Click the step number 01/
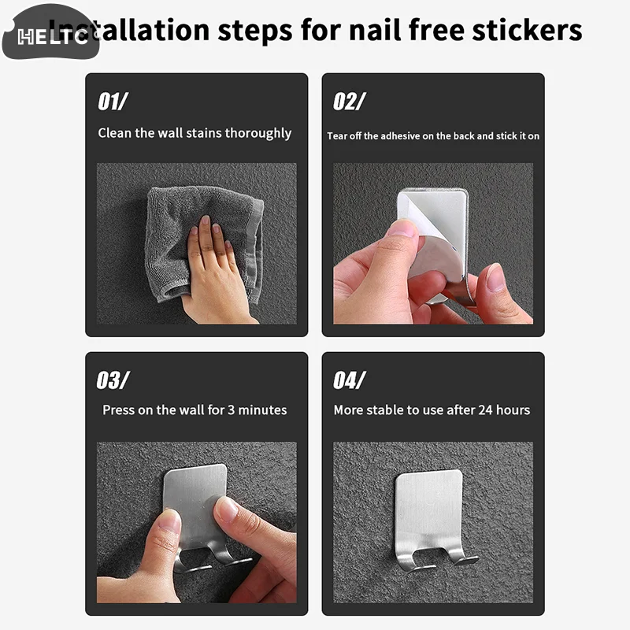coord(113,102)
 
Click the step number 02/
coord(349,102)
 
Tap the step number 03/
coord(113,380)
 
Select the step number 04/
coord(349,380)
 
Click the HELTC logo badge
coord(49,33)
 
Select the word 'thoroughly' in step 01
coord(258,133)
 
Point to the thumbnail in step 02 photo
coord(402,228)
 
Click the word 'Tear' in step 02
coord(337,136)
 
